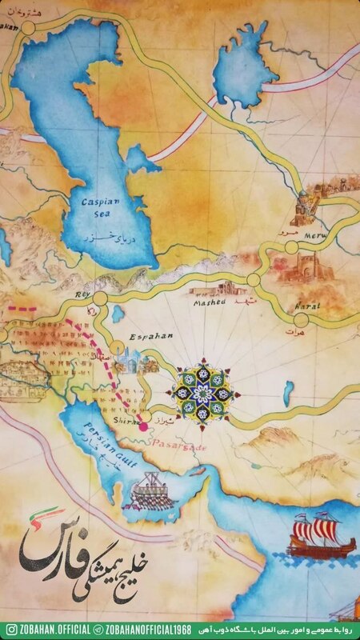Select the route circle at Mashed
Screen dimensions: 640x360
(254, 281)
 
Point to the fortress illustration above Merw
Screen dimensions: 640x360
(305, 206)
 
